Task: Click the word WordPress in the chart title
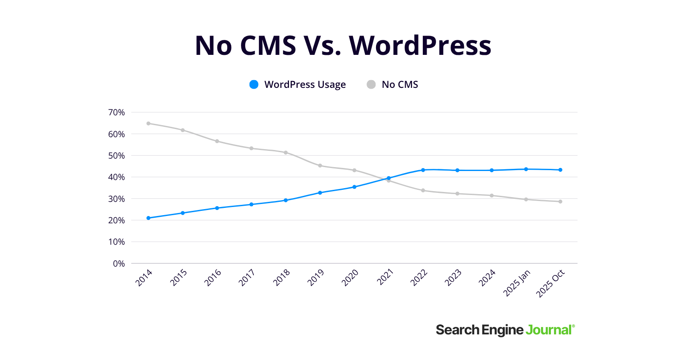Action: point(420,45)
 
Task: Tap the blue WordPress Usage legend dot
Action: point(254,84)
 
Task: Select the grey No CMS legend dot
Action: point(371,84)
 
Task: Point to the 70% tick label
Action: point(116,112)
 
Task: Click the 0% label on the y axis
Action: point(119,264)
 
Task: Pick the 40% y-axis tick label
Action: point(116,177)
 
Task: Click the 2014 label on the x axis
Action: point(144,278)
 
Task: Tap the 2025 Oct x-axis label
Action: point(551,283)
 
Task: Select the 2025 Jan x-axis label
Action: point(517,283)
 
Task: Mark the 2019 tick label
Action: point(316,278)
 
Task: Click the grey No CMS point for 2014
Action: point(148,123)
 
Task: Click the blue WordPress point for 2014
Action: point(148,218)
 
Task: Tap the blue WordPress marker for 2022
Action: point(423,170)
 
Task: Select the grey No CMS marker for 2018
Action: point(286,153)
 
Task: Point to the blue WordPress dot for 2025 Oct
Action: point(560,170)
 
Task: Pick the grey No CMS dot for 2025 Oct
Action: point(560,201)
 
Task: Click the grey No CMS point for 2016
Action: point(217,141)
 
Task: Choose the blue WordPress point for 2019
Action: point(320,193)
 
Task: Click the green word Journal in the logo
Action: point(549,330)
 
